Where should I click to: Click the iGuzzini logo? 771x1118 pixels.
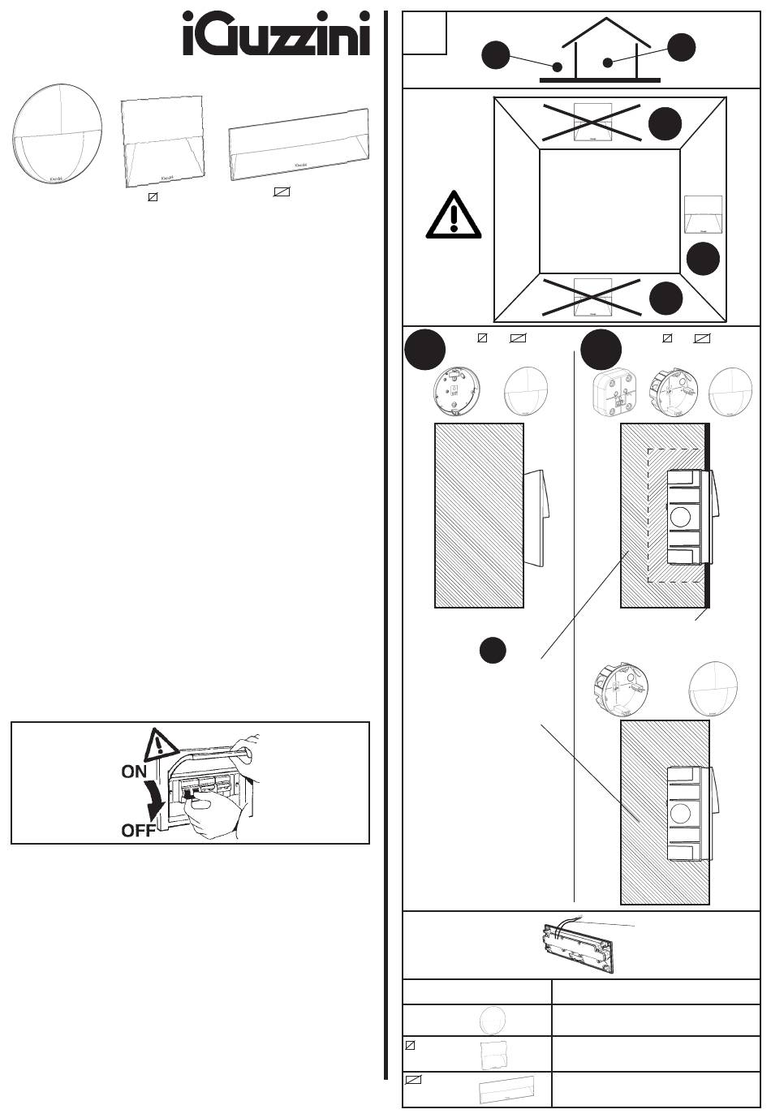[x=276, y=34]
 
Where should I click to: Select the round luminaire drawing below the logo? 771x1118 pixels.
[x=57, y=135]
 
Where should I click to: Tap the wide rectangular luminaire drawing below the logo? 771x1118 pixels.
[x=298, y=144]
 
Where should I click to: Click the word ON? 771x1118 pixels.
[x=134, y=772]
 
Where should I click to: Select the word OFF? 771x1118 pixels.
[x=138, y=831]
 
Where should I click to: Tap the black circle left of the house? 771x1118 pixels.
[x=495, y=55]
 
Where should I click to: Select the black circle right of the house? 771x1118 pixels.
[x=682, y=46]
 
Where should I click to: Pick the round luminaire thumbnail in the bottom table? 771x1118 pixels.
[x=493, y=1019]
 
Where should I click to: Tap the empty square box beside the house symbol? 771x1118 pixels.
[x=425, y=33]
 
